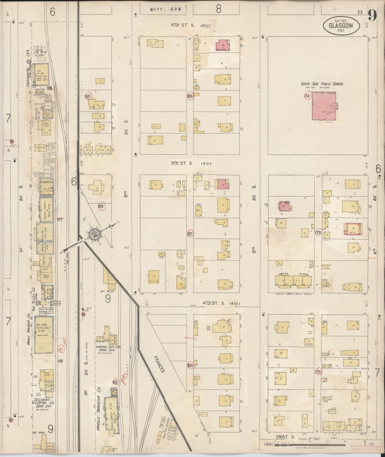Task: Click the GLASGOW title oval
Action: tap(342, 26)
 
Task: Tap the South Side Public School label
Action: tap(322, 84)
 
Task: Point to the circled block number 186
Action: tap(190, 96)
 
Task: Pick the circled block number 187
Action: tap(190, 234)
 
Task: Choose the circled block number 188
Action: tap(190, 365)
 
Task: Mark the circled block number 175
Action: tap(318, 232)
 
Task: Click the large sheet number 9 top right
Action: tap(372, 16)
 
